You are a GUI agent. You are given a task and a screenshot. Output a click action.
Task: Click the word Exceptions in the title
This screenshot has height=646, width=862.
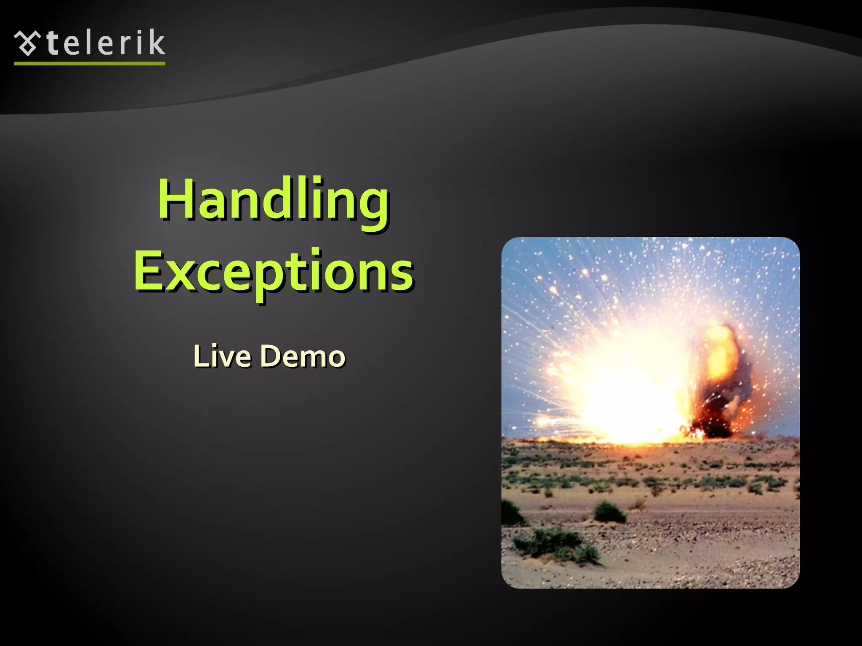(x=274, y=271)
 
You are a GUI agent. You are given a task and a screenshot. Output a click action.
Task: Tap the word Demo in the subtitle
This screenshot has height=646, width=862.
(x=303, y=356)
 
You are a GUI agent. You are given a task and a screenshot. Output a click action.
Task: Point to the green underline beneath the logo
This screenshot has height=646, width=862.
(x=90, y=64)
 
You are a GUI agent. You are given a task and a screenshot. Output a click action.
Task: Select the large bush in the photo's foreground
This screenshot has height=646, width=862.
(x=556, y=545)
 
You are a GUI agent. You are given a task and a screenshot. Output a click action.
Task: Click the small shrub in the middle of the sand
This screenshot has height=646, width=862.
(x=609, y=512)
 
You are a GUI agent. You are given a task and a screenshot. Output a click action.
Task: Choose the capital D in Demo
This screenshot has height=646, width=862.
(x=271, y=356)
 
